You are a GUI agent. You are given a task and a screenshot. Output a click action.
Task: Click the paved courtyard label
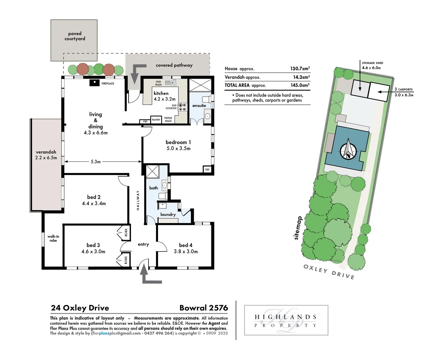pyautogui.click(x=75, y=36)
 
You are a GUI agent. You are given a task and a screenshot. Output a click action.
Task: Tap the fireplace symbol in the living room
pyautogui.click(x=94, y=83)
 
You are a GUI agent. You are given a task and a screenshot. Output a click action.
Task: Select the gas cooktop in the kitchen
pyautogui.click(x=182, y=107)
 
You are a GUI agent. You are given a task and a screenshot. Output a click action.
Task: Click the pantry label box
pyautogui.click(x=156, y=120)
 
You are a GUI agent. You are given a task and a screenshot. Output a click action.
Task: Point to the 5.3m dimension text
pyautogui.click(x=96, y=162)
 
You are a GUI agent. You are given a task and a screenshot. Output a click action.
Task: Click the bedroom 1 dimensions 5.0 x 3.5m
pyautogui.click(x=178, y=149)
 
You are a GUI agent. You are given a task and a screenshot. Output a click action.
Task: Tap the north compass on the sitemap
pyautogui.click(x=348, y=150)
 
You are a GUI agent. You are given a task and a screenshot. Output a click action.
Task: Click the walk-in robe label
pyautogui.click(x=53, y=238)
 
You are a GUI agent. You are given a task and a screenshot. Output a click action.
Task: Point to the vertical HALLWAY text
pyautogui.click(x=138, y=200)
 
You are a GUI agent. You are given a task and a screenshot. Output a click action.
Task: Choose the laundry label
pyautogui.click(x=168, y=215)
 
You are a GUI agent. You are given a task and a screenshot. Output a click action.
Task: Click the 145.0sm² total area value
pyautogui.click(x=300, y=85)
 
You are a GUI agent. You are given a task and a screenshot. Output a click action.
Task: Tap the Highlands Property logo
pyautogui.click(x=286, y=320)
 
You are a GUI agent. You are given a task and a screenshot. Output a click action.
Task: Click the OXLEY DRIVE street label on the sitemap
pyautogui.click(x=329, y=272)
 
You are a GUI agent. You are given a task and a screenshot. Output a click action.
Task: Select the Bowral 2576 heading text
pyautogui.click(x=203, y=308)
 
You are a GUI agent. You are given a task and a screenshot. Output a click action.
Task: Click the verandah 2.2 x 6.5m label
pyautogui.click(x=46, y=155)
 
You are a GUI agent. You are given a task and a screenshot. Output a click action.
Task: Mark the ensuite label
pyautogui.click(x=199, y=106)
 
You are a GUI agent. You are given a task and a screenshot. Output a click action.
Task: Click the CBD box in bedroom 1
pyautogui.click(x=207, y=170)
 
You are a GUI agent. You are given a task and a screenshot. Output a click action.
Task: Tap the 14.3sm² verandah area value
pyautogui.click(x=301, y=77)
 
